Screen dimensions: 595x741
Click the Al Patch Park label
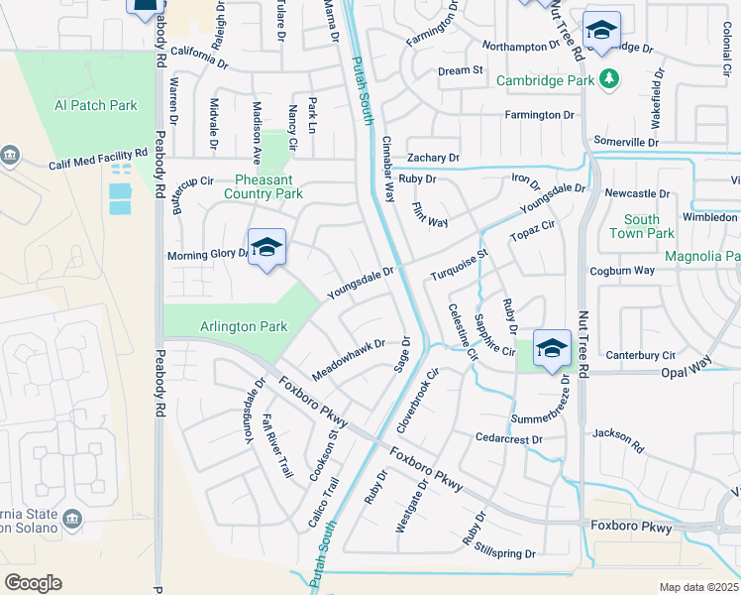96,105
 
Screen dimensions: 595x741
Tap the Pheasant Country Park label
256,186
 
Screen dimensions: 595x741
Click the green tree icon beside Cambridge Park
611,78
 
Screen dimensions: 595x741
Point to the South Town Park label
642,226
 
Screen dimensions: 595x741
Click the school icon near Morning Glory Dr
265,248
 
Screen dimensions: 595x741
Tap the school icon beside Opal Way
552,349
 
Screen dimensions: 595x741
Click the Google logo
33,582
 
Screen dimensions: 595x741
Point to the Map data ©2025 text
698,587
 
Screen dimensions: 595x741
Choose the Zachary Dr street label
433,158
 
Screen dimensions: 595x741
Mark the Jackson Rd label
618,441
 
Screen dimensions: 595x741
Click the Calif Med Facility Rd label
98,158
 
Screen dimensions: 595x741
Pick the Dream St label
460,70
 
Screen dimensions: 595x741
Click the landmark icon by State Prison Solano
72,520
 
